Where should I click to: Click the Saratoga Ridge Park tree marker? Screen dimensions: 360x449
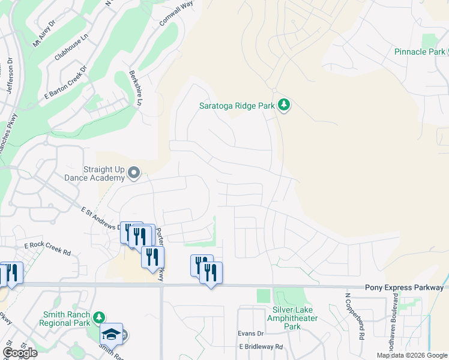pos(285,106)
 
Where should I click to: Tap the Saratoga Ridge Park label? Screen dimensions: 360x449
pos(237,106)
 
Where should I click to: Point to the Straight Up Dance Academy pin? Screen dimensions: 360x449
pos(134,174)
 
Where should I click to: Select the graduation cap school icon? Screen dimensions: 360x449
pos(111,334)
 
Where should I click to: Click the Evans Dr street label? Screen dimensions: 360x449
pos(251,333)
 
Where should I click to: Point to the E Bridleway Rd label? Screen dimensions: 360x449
pos(261,347)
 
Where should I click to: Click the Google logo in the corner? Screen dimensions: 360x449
pos(20,353)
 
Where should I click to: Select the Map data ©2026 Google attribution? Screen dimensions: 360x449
pos(412,355)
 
